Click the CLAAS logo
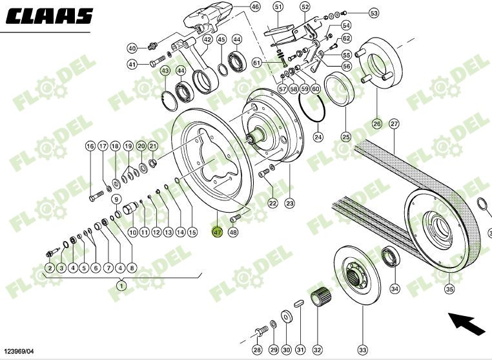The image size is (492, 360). point(50,16)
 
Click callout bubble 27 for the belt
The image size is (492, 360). point(394,123)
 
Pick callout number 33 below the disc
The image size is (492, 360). point(362,350)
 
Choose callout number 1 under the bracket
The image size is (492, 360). point(121,284)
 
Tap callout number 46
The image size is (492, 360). point(255,7)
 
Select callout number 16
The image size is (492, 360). point(90,147)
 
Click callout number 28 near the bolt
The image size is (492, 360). point(257,350)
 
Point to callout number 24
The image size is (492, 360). point(318,137)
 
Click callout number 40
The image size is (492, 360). point(132,48)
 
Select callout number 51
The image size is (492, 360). point(278,7)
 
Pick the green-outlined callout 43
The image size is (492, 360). point(165,70)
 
